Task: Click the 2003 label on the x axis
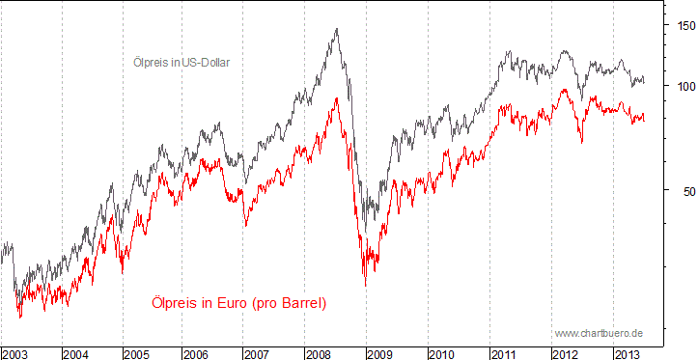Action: coord(15,353)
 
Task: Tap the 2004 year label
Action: coord(76,353)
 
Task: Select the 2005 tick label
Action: coord(138,353)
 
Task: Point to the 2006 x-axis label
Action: coord(199,353)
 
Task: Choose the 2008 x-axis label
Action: coord(321,353)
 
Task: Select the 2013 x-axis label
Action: coord(627,353)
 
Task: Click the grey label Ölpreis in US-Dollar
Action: coord(181,62)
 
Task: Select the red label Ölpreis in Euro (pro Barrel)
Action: coord(238,303)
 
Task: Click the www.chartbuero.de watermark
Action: coord(599,333)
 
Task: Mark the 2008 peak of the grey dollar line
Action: coord(336,29)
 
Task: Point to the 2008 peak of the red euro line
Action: coord(336,97)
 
